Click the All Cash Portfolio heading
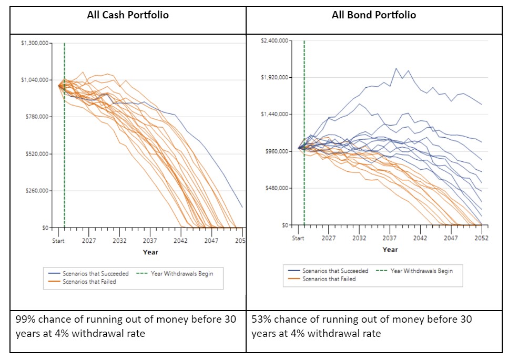(128, 15)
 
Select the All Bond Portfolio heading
(373, 15)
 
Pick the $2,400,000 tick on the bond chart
(275, 40)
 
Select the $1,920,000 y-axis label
(275, 77)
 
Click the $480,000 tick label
(276, 188)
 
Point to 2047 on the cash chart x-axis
(211, 241)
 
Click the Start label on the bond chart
(298, 238)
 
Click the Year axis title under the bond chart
(390, 250)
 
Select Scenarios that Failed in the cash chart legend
(89, 282)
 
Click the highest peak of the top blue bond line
(397, 68)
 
